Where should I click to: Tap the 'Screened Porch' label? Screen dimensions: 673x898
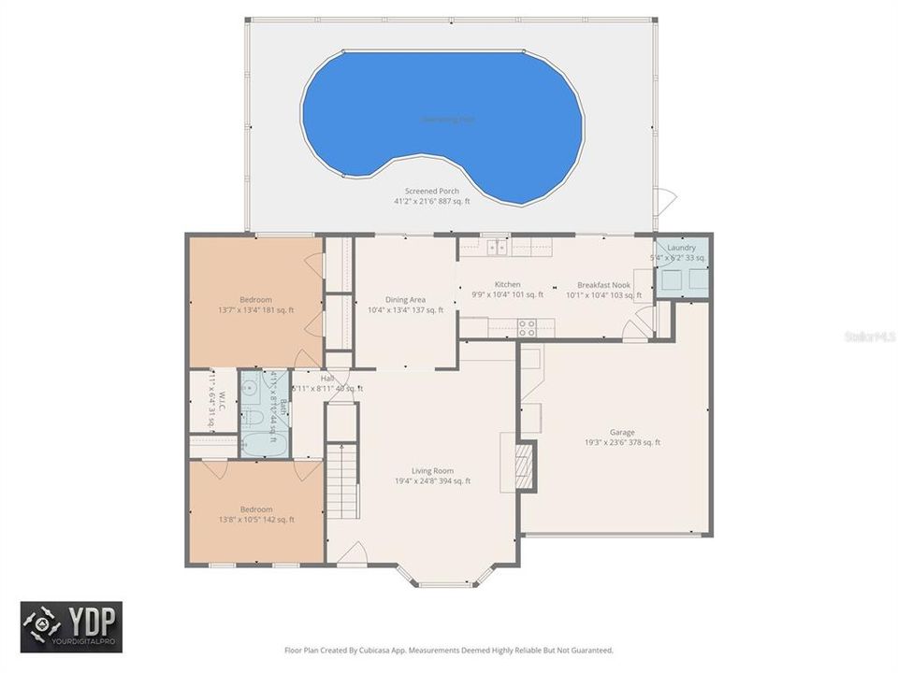click(431, 191)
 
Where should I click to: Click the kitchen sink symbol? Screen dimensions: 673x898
click(496, 248)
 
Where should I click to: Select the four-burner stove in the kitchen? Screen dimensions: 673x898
click(528, 327)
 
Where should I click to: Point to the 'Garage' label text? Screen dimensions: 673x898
click(622, 432)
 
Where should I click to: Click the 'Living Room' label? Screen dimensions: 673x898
click(432, 470)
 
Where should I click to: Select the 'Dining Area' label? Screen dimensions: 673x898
click(404, 299)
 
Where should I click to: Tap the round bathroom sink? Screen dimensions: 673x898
click(250, 386)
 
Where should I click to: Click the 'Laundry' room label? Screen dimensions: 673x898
click(681, 248)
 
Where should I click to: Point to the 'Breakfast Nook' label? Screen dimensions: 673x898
click(603, 285)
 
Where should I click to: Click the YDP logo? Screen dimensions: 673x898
click(72, 626)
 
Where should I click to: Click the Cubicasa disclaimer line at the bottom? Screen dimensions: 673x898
click(448, 650)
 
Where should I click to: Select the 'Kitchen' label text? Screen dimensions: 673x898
click(507, 285)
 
